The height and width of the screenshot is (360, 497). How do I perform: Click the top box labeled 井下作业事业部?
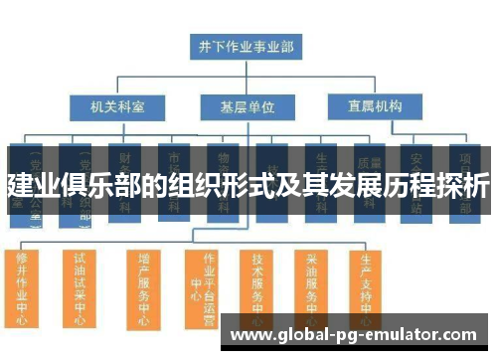point(246,45)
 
